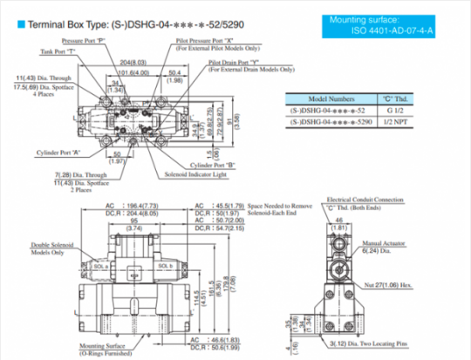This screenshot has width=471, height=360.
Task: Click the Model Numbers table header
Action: point(329,99)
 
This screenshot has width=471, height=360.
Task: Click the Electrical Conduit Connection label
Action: point(364,200)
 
